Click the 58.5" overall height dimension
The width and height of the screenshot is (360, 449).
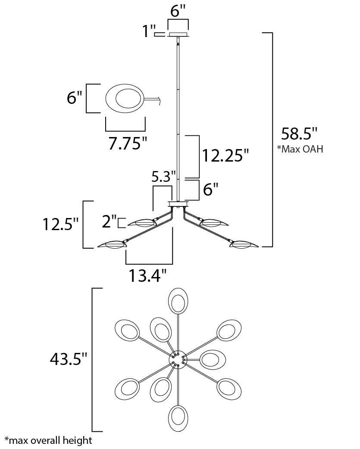(299, 133)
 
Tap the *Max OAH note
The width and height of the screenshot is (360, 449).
(300, 149)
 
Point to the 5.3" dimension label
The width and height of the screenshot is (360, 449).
(163, 177)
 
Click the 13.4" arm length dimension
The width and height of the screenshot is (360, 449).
(147, 275)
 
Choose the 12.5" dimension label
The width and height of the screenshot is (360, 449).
(60, 224)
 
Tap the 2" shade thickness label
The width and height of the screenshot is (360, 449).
(109, 221)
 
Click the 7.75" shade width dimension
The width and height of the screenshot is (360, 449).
(128, 143)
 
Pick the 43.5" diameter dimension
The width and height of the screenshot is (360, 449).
(68, 359)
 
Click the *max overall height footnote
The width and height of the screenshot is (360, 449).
(48, 440)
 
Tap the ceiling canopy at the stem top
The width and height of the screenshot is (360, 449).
(178, 34)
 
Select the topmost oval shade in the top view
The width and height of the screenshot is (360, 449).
(178, 301)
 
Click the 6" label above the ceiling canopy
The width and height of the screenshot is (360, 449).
(178, 11)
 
